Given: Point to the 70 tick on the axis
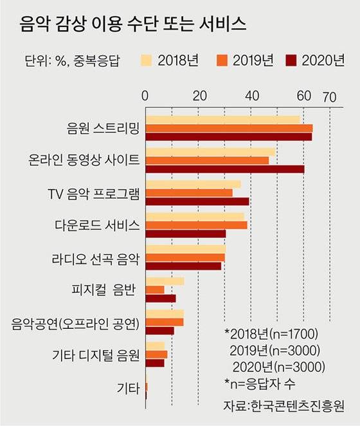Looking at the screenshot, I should [329, 97].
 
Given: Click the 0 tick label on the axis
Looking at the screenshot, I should [145, 97].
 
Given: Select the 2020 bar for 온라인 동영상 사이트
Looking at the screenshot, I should [225, 169].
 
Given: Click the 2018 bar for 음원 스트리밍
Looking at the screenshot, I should [222, 120].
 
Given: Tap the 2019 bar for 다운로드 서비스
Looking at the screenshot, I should [197, 225].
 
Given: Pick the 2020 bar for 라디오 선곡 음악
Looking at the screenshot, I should [184, 265].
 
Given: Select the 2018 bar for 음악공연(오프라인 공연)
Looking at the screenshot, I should [165, 313].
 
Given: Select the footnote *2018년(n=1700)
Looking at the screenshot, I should [271, 334].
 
